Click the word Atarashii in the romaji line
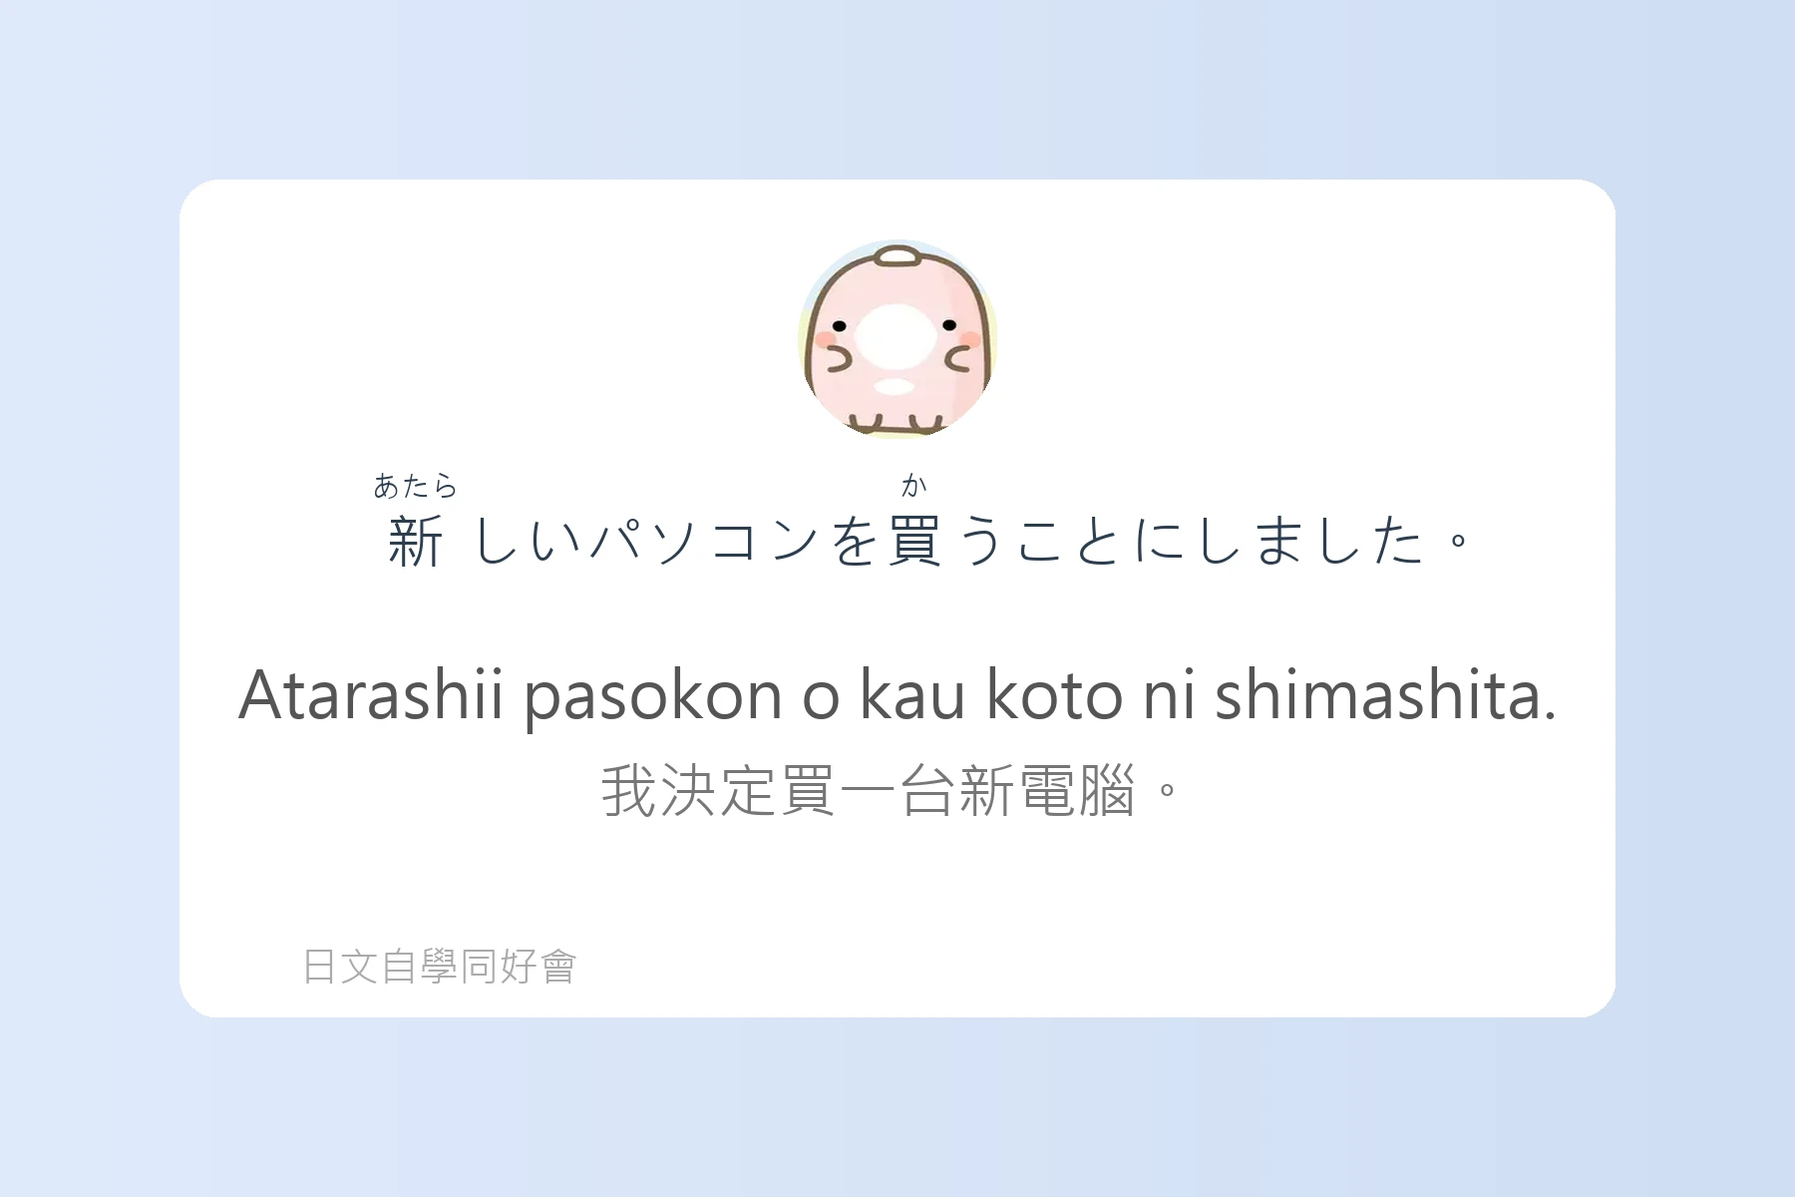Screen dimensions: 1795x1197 pos(371,694)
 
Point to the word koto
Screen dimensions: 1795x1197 pos(1054,694)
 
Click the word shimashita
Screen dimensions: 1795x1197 pos(1385,694)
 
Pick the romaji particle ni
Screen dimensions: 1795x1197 pos(1169,694)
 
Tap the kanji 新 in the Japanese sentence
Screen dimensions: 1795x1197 pos(415,542)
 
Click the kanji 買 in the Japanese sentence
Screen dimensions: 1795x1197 pos(914,542)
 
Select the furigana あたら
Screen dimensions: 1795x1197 pos(415,486)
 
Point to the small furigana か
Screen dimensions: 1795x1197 pos(914,486)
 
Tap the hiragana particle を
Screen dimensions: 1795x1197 pos(855,542)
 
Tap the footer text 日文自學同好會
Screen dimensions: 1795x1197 pos(440,967)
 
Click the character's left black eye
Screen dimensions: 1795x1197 pos(840,326)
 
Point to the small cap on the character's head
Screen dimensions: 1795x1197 pos(897,257)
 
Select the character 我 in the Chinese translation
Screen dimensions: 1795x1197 pos(630,791)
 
